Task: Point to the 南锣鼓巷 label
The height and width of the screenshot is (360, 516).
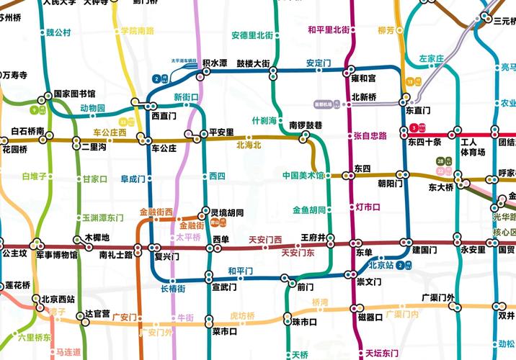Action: (306, 125)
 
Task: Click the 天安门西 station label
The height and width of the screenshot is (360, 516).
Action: (265, 239)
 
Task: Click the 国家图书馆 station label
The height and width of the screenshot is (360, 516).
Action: (74, 94)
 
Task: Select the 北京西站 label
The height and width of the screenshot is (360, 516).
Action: (58, 299)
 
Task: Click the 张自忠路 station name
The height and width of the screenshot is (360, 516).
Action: (370, 135)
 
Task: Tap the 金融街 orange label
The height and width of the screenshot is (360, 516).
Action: (192, 225)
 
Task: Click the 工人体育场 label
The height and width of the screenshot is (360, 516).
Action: (474, 147)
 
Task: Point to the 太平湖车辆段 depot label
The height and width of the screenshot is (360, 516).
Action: (183, 60)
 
